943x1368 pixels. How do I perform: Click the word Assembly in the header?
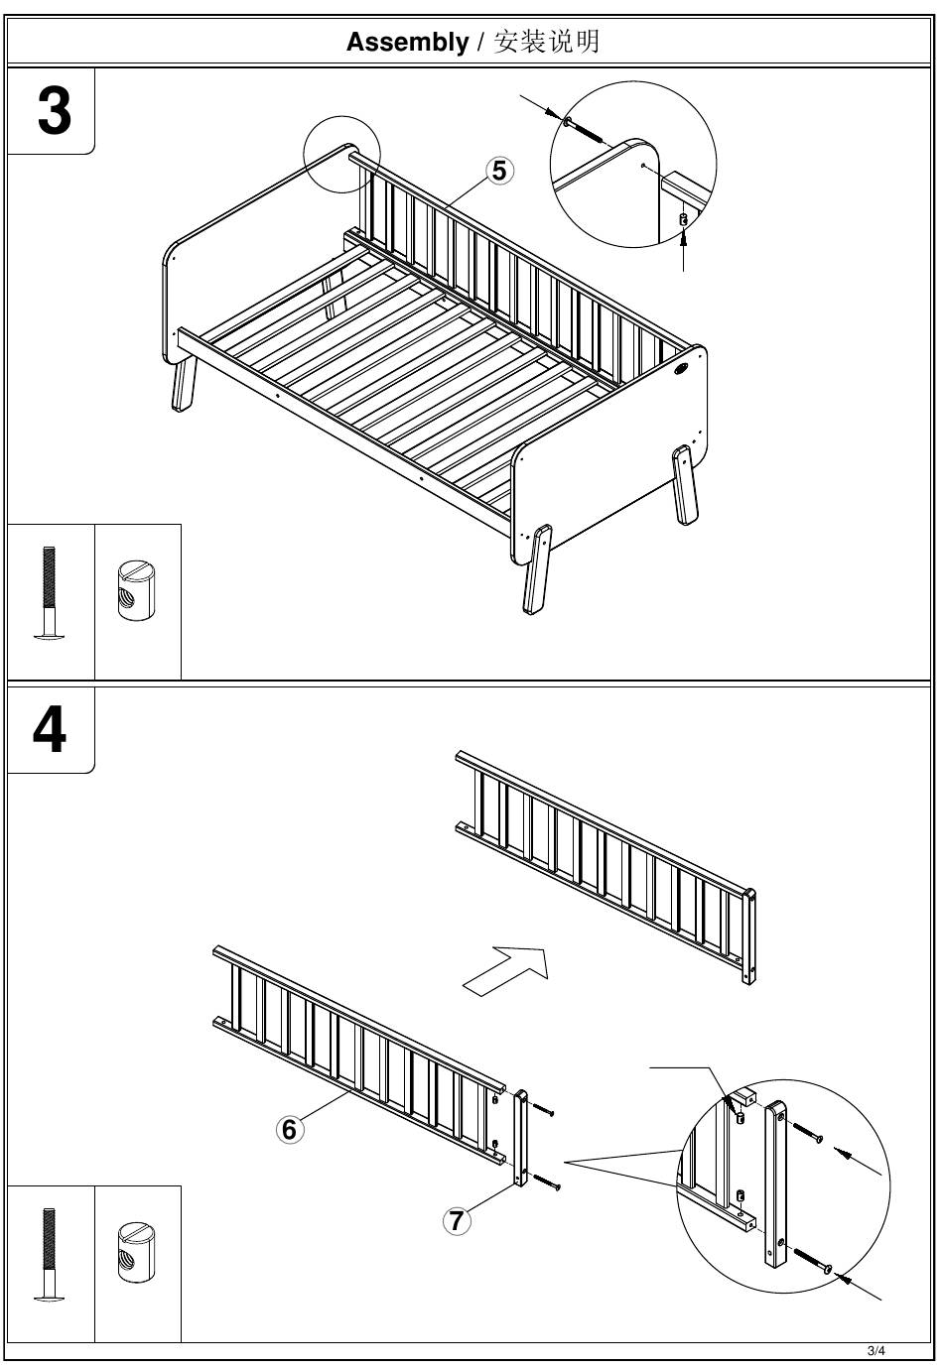(x=407, y=42)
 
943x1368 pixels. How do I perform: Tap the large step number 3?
(x=55, y=110)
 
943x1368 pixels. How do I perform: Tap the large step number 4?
(x=50, y=729)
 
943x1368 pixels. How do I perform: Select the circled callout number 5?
(x=499, y=171)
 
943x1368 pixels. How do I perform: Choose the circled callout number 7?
(x=457, y=1221)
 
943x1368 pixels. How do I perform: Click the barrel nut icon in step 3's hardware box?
(x=136, y=591)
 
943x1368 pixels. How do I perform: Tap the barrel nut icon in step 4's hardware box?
(x=136, y=1253)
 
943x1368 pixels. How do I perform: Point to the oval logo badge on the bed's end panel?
(x=681, y=368)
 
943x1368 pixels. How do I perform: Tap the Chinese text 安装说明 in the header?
(x=546, y=42)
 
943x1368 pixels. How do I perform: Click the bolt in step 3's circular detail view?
(x=584, y=131)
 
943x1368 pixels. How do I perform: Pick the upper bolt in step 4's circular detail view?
(x=807, y=1131)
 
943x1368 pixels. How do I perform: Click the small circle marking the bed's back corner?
(x=341, y=155)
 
